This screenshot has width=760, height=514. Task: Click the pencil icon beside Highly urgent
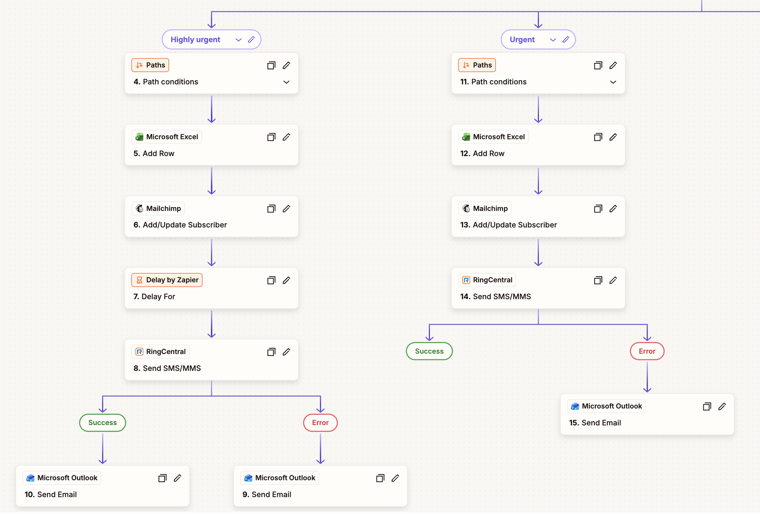tap(251, 39)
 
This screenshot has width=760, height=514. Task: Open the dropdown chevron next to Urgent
tap(553, 40)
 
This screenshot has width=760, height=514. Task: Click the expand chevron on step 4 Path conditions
tap(286, 82)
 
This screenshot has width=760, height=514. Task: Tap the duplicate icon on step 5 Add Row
tap(271, 137)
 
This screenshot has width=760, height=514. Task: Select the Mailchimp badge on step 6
tap(158, 208)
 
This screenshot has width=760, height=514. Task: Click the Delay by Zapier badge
tap(167, 280)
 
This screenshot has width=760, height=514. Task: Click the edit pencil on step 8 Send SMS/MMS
tap(286, 352)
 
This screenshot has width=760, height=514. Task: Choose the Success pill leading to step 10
tap(102, 423)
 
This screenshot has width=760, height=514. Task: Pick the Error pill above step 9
tap(320, 423)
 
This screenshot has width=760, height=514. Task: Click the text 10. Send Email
tap(51, 494)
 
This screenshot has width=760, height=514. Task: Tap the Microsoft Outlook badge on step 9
tap(280, 478)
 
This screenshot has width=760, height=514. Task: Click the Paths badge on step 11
tap(477, 65)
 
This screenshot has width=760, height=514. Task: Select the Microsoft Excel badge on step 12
tap(493, 137)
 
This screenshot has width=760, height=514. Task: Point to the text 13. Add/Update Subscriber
tap(508, 225)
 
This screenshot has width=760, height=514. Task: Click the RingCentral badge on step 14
tap(487, 280)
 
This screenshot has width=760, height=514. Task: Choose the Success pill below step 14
tap(429, 351)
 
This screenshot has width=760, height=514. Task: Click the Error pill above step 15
tap(647, 351)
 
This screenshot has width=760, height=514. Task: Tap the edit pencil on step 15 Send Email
tap(722, 406)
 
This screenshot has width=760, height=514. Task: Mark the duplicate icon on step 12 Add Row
tap(598, 137)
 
